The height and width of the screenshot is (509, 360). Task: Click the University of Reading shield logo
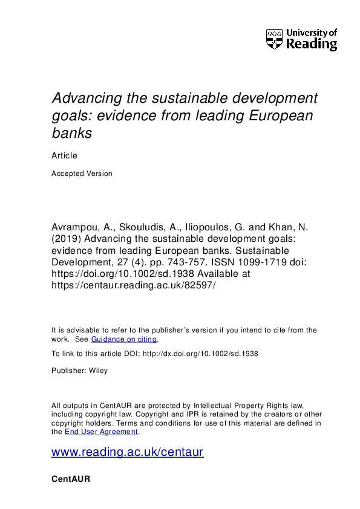point(274,39)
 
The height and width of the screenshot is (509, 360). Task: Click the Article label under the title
point(64,155)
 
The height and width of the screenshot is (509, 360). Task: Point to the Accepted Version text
point(82,173)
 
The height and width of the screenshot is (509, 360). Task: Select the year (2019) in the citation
point(68,239)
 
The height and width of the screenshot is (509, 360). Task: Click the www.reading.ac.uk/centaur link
point(128,452)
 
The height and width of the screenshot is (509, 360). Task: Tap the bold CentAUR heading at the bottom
point(71,479)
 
